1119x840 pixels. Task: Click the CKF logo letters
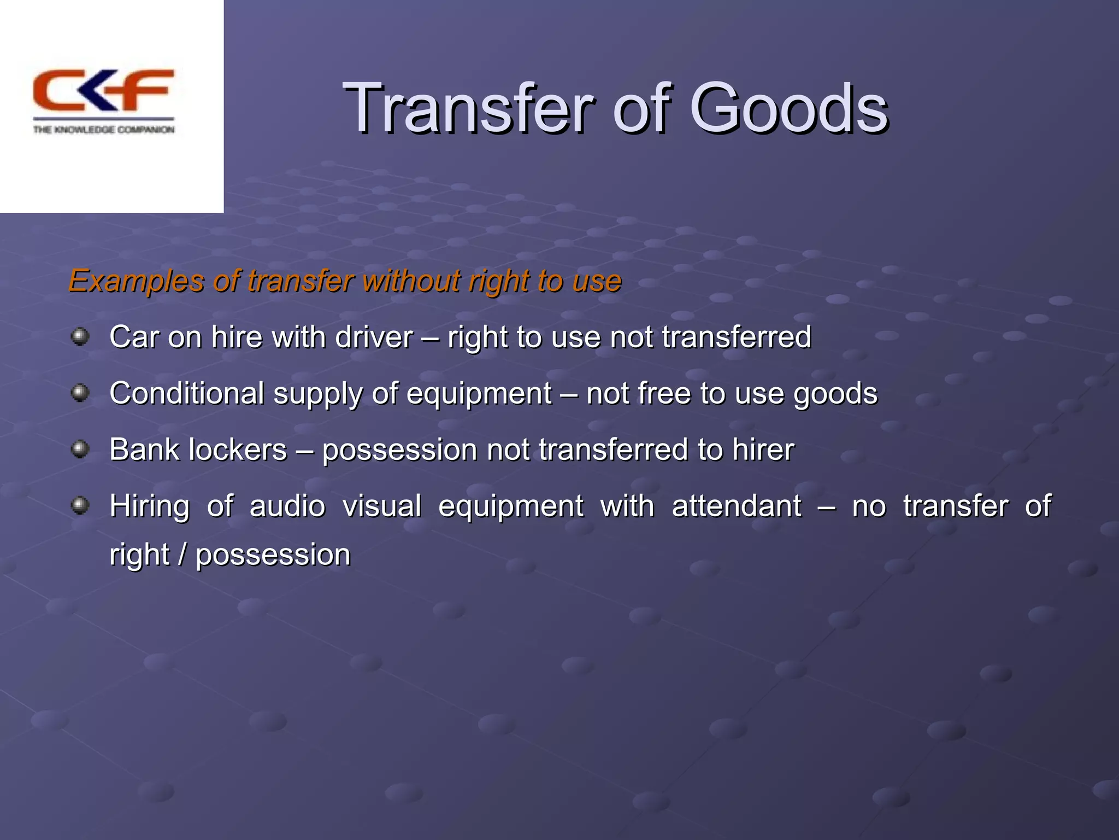103,90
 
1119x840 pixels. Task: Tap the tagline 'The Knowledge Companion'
104,130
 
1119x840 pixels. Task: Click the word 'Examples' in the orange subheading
136,282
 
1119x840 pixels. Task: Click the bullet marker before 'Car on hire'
80,336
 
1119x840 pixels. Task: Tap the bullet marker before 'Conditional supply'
80,393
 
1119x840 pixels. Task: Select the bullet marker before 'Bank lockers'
80,450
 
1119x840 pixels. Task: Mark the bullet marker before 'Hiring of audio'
80,505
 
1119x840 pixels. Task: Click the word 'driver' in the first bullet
374,337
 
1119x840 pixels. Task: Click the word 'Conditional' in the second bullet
187,393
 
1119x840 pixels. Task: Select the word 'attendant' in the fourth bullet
736,506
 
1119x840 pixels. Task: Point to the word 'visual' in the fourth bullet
382,506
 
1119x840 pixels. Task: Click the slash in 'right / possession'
182,555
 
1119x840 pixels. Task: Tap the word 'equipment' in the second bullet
479,394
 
